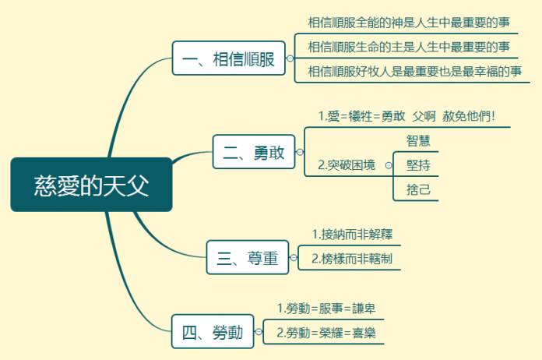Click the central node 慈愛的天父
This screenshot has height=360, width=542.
[91, 185]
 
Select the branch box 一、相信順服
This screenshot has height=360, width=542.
[228, 58]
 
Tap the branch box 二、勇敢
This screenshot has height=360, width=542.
[254, 151]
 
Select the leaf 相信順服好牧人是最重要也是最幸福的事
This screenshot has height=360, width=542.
[414, 72]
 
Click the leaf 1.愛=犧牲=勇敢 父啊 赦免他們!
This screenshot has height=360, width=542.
[406, 116]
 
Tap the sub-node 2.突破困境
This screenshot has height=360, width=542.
[347, 164]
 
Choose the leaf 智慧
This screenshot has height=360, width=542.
[418, 140]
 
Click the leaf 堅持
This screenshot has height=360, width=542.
[418, 164]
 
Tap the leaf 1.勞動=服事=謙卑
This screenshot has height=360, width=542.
[327, 308]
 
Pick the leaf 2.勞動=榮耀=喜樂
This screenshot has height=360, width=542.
[327, 333]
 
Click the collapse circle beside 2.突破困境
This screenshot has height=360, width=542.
[389, 165]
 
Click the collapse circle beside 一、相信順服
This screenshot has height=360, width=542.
[290, 58]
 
